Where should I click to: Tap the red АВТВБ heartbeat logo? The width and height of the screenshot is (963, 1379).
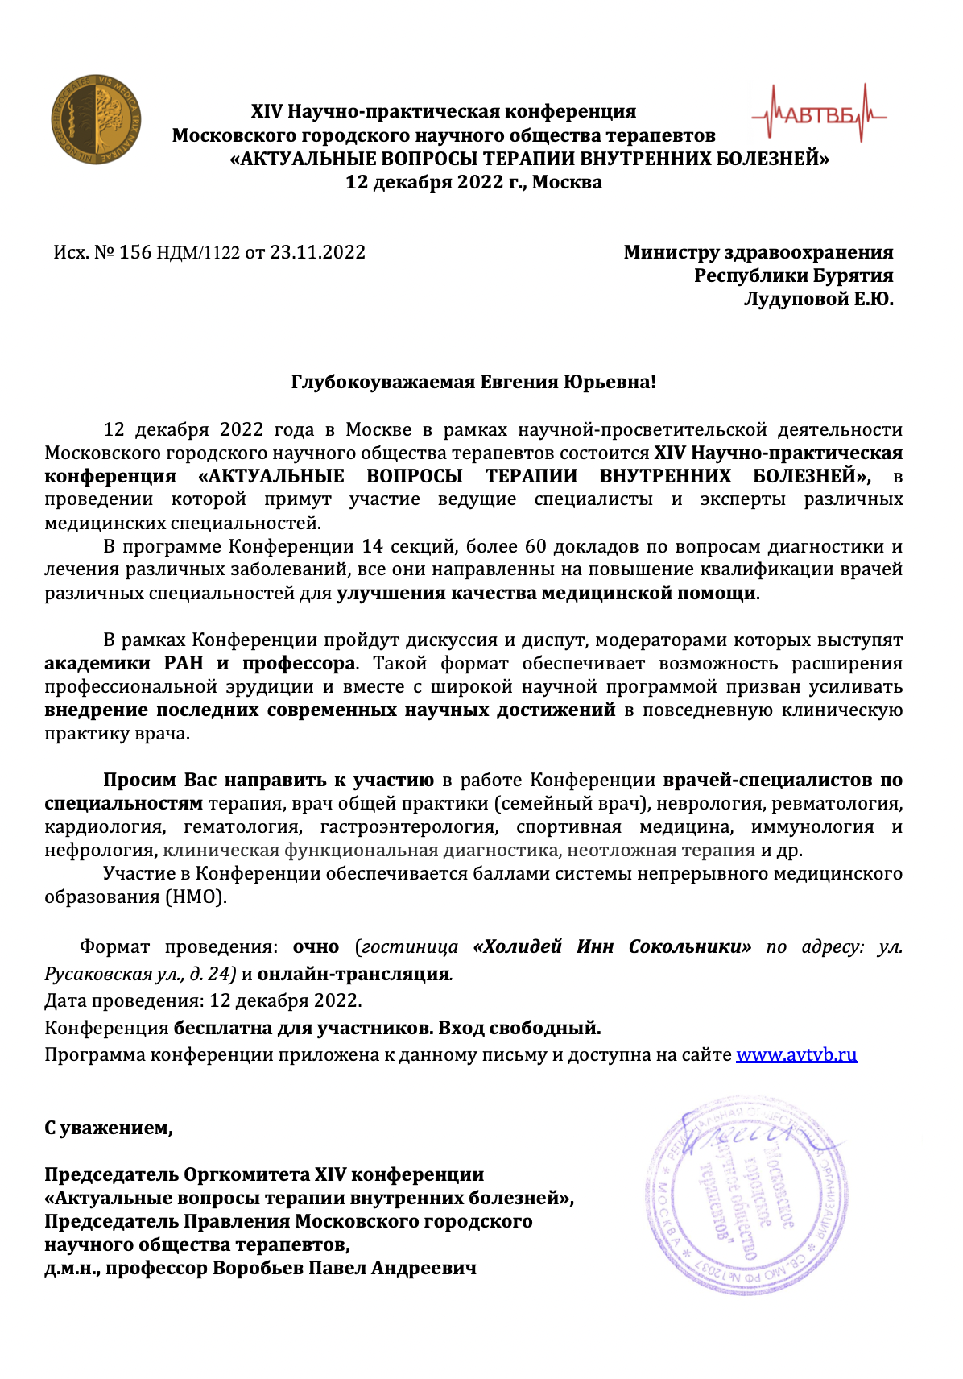coord(819,116)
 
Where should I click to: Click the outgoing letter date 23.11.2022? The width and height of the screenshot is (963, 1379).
coord(317,253)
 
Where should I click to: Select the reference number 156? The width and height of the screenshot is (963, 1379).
coord(135,253)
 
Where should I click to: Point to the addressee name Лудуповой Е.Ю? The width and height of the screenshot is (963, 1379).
coord(818,299)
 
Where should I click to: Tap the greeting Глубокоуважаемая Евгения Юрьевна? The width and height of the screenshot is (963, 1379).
coord(473,382)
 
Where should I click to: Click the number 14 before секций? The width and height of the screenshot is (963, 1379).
coord(372,546)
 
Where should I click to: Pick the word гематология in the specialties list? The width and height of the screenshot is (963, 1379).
coord(242,826)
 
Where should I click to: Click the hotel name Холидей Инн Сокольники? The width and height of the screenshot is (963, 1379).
coord(612,946)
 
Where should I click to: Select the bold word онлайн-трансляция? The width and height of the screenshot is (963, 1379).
coord(353,974)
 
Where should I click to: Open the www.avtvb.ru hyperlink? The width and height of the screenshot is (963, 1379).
coord(796,1054)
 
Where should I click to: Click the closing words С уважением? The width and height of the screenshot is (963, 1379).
coord(108,1128)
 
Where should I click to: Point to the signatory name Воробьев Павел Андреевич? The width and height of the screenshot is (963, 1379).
coord(344,1268)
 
